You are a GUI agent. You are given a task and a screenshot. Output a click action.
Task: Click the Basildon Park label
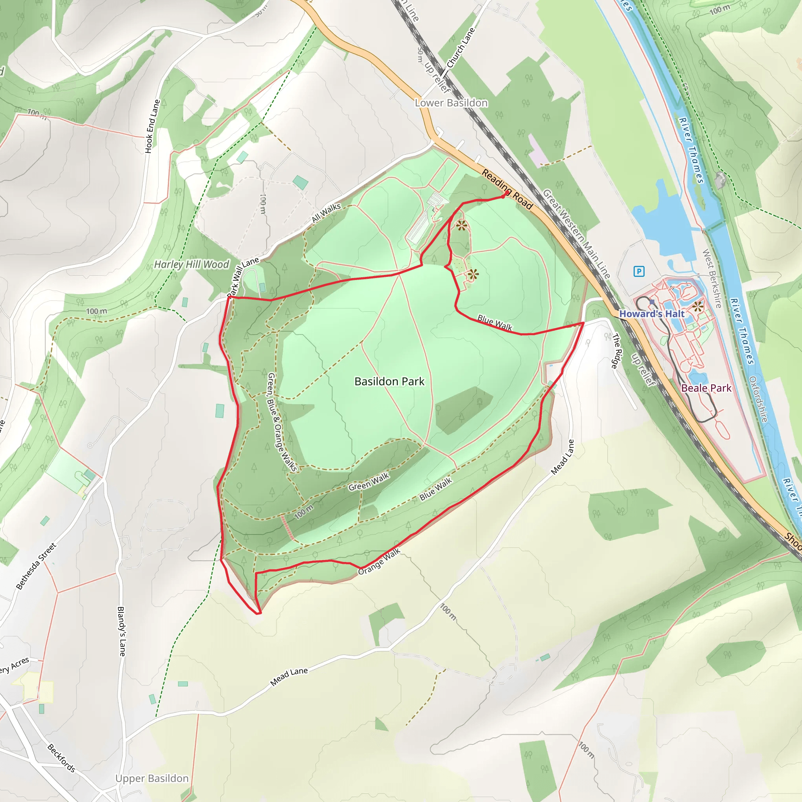389,381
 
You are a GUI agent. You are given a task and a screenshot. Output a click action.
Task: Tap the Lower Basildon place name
451,103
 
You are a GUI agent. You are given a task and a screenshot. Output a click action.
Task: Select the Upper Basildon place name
152,779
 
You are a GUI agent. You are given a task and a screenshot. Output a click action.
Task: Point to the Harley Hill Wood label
191,264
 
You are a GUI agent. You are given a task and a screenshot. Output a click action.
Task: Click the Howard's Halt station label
651,314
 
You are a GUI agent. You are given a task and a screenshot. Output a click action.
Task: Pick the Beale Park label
706,388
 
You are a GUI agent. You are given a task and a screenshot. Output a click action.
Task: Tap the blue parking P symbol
639,271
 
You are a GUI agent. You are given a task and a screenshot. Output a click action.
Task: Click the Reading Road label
507,189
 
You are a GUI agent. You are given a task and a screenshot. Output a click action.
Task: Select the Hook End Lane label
152,126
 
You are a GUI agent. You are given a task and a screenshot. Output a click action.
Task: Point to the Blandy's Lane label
121,631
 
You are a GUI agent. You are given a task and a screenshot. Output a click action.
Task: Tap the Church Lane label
461,48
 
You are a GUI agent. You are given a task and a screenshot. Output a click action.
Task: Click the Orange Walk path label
379,562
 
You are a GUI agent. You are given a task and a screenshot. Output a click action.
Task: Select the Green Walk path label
368,482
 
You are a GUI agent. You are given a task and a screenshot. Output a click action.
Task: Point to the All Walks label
326,213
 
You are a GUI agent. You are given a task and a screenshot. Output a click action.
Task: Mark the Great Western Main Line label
576,234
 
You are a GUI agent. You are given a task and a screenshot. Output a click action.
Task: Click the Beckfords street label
61,758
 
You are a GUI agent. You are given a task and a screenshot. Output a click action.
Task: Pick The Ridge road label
617,351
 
